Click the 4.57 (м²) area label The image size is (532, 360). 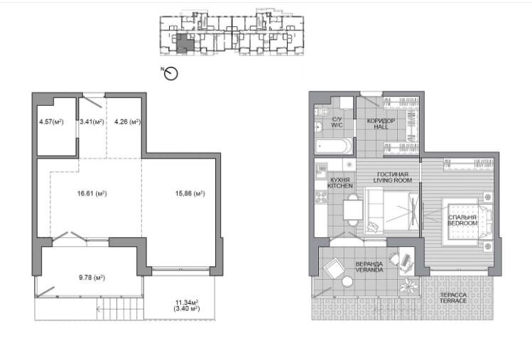[51, 122]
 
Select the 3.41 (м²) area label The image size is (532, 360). [92, 122]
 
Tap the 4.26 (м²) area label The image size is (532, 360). [128, 122]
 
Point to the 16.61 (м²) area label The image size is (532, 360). [92, 194]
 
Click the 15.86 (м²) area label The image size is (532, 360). [190, 194]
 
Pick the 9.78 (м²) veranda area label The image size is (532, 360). [92, 278]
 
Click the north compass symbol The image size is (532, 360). [170, 73]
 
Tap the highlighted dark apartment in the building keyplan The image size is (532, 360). [184, 43]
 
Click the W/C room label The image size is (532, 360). [337, 126]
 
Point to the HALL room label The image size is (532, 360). [381, 127]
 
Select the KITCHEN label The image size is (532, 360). [340, 186]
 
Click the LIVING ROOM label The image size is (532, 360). [393, 180]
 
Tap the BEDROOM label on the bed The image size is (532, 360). [462, 223]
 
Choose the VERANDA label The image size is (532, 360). [369, 270]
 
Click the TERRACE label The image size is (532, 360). [453, 301]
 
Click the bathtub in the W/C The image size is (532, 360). [334, 146]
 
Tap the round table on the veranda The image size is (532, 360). [347, 282]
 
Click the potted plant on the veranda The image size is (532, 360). [408, 286]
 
